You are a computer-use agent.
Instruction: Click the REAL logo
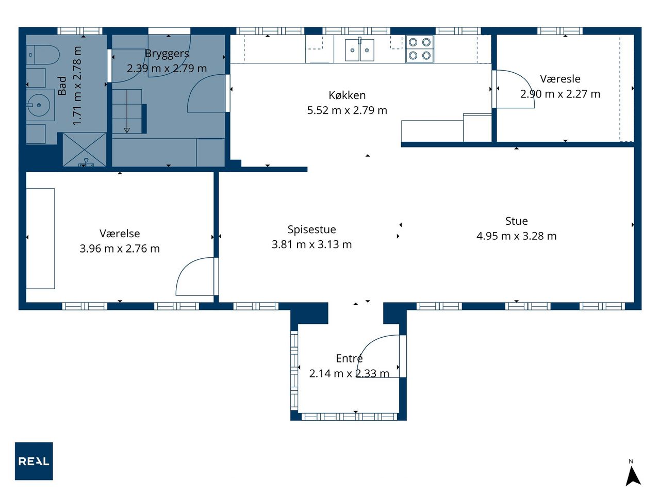click(34, 461)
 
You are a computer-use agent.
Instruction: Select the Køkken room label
click(347, 95)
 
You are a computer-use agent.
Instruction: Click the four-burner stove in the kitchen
click(419, 48)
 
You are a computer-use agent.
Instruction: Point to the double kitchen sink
click(359, 50)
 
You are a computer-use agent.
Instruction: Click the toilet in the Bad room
click(43, 55)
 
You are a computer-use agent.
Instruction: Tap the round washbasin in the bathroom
click(39, 105)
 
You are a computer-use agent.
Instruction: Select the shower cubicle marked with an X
click(85, 150)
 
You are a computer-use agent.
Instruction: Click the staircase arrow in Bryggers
click(127, 111)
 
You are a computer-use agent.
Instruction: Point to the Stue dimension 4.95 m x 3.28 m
click(516, 236)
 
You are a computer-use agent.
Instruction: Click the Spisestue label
click(311, 229)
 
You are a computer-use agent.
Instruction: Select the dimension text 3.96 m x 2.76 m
click(120, 249)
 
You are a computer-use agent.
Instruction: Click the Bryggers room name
click(167, 54)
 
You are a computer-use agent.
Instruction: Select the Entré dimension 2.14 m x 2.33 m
click(349, 373)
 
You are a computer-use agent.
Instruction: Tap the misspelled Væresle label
click(560, 79)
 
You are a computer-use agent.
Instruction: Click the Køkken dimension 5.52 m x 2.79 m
click(347, 110)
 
